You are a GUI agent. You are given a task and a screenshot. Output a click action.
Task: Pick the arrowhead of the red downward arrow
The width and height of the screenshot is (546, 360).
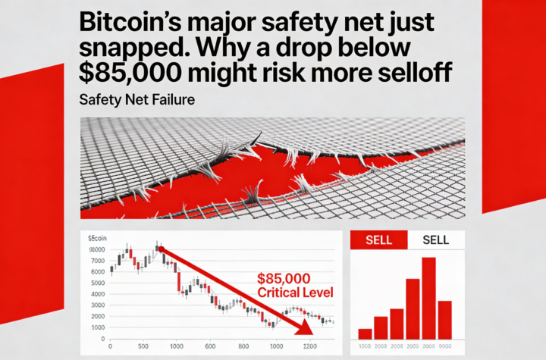tap(306, 327)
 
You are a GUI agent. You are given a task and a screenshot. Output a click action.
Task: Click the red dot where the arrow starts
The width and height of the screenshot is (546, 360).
tap(161, 248)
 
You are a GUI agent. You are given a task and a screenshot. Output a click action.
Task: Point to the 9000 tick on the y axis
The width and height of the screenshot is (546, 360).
tap(97, 249)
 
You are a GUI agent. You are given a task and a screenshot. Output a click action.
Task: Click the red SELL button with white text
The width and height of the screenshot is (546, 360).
tap(378, 239)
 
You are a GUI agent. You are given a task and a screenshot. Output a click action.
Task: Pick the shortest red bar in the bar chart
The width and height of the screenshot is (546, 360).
tap(365, 333)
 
